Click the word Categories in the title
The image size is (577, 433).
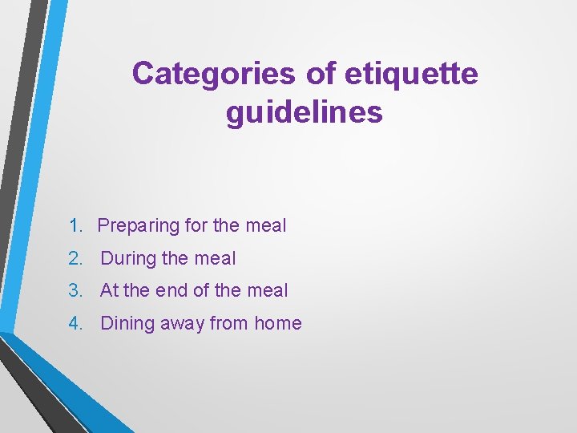(214, 74)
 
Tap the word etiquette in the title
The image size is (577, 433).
(410, 74)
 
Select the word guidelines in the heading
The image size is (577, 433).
(305, 112)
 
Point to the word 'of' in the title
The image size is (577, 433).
(321, 74)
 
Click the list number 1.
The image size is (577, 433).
(75, 226)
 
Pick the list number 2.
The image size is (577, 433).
(75, 258)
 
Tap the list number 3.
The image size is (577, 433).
(75, 290)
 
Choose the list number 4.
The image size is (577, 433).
(75, 323)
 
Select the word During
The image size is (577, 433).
(128, 258)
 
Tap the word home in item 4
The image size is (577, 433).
(278, 323)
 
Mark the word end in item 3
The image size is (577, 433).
(171, 290)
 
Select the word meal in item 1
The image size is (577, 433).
(265, 226)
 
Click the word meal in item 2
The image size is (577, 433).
(216, 258)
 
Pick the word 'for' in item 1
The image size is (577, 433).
(196, 226)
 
